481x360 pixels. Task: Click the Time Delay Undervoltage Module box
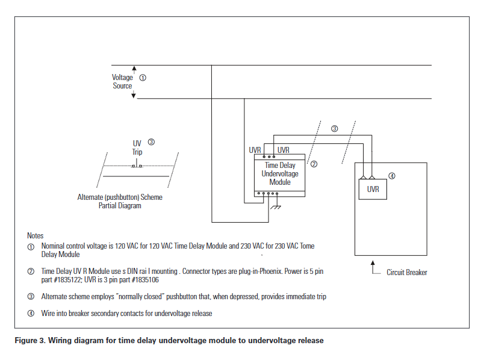280,175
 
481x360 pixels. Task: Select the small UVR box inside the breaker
373,189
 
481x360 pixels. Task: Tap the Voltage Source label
122,82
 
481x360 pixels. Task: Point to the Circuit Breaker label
407,273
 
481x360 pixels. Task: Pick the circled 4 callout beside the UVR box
392,176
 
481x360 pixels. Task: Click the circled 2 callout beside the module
314,163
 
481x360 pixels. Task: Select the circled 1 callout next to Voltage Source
143,78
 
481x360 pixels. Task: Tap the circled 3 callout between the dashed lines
335,128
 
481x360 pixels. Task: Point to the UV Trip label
137,147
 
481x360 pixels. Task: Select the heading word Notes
36,235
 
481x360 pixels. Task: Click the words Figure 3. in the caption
29,341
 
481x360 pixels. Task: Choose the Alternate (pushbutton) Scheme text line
120,197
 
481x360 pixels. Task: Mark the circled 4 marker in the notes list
31,314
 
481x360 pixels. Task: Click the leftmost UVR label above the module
255,150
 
